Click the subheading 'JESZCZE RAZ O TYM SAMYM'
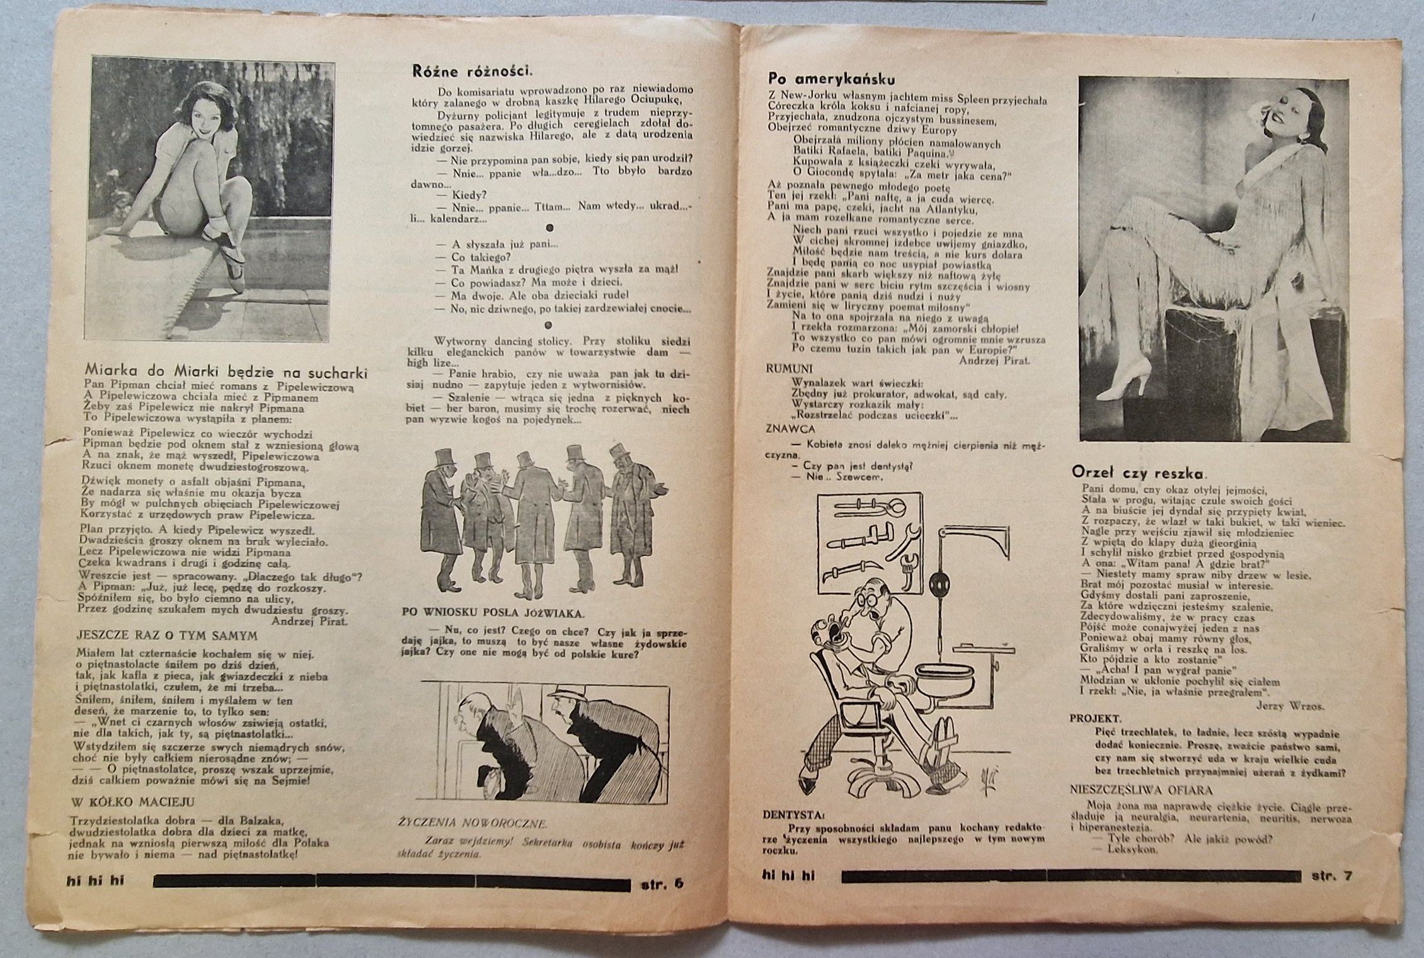click(x=167, y=636)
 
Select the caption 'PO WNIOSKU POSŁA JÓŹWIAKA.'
click(x=493, y=612)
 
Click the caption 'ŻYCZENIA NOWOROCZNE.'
click(x=473, y=823)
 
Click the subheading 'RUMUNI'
click(x=790, y=369)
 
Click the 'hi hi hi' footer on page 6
click(x=95, y=881)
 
